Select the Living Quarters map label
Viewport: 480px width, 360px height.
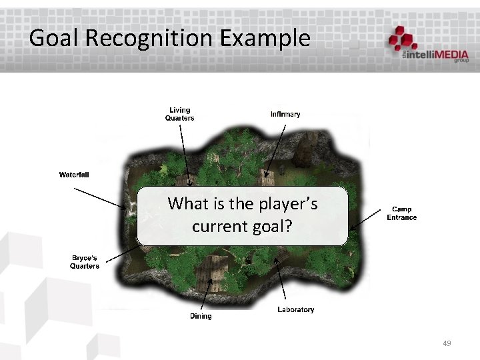(x=179, y=114)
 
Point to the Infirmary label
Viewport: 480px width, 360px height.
(x=285, y=114)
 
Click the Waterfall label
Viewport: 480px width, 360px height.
(x=74, y=175)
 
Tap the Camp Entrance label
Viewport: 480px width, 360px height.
(x=401, y=213)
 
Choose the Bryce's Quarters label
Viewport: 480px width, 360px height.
(x=85, y=262)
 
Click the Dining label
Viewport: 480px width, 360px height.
(x=201, y=316)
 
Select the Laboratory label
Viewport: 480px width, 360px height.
(x=295, y=309)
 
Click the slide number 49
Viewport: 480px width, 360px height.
(x=447, y=343)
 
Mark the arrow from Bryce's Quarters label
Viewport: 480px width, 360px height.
(x=120, y=253)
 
